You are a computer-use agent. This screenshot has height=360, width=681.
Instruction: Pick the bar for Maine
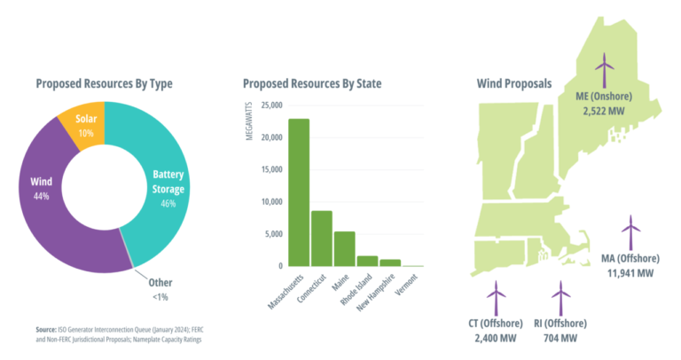pos(344,248)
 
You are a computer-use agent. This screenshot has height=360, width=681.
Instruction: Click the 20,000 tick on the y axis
pos(269,137)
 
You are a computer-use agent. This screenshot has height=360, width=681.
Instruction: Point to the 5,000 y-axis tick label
pos(271,234)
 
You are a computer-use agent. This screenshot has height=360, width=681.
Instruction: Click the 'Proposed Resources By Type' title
pos(104,84)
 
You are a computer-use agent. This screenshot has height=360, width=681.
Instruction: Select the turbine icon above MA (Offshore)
pos(630,232)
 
